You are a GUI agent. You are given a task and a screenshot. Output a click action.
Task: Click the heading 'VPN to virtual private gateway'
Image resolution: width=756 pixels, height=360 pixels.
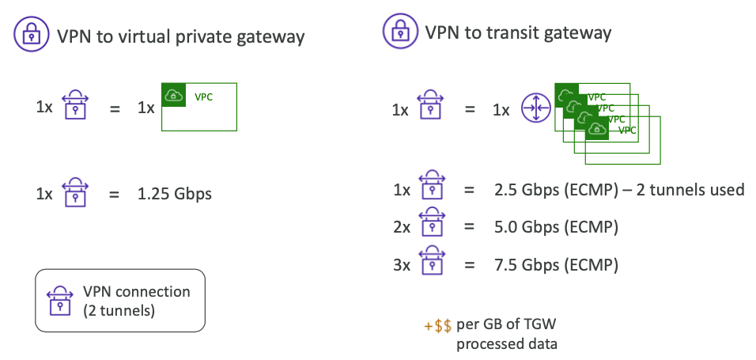[x=180, y=36]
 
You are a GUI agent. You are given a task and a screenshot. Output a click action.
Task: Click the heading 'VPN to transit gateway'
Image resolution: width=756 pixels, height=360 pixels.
[x=518, y=32]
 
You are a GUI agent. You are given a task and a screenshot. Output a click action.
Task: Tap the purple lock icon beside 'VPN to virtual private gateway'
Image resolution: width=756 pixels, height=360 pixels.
[x=29, y=36]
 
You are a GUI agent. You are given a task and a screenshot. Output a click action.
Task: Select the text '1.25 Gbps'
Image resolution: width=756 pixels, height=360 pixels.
[x=175, y=192]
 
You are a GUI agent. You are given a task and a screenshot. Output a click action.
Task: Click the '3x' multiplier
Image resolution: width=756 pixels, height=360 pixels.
[x=401, y=263]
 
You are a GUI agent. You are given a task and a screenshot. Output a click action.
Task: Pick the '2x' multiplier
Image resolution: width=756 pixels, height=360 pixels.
[x=401, y=226]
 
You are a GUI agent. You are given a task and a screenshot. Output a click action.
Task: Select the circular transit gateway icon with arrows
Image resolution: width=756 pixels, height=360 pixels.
[x=535, y=109]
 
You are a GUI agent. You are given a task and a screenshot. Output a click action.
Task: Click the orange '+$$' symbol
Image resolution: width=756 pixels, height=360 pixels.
[x=438, y=326]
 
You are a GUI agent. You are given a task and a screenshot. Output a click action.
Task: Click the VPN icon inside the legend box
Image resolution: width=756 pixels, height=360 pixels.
[x=61, y=301]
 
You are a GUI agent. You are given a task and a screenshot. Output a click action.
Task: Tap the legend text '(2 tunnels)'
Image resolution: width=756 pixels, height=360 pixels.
[x=119, y=310]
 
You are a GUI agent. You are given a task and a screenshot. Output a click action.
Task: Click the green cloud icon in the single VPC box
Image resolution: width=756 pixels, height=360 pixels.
[x=173, y=96]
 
